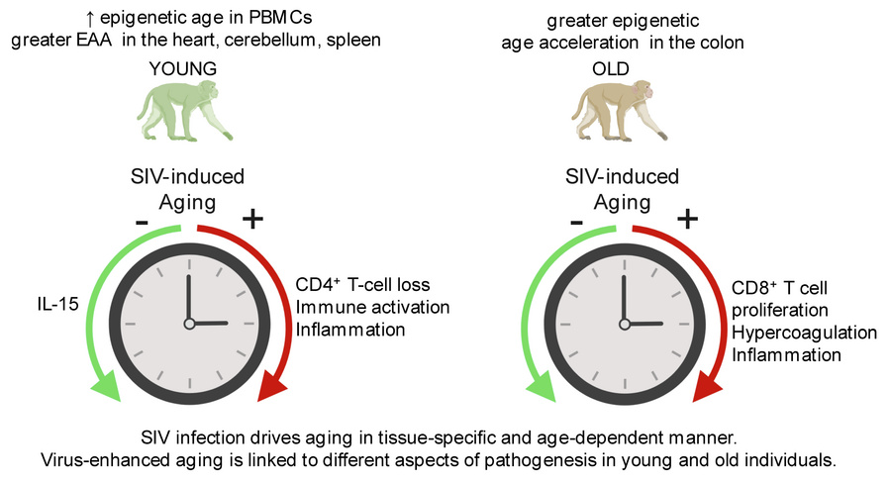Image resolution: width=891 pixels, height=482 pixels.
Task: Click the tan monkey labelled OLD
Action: pos(620,111)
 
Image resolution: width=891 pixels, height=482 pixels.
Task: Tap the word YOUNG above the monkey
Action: pos(183,68)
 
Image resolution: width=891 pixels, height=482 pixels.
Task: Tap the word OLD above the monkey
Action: pos(610,68)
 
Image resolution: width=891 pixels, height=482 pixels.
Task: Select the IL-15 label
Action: pos(58,304)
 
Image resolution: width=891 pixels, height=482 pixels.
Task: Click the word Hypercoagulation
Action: pos(804,334)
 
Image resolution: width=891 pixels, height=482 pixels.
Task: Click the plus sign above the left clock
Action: pos(252,219)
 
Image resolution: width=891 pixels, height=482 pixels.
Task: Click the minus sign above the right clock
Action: pos(576,222)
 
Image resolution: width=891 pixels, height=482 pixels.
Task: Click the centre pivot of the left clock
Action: pos(189,324)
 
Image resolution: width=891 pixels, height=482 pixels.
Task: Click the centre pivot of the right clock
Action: pos(625,324)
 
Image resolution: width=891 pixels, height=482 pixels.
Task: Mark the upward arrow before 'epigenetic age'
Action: pos(90,19)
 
